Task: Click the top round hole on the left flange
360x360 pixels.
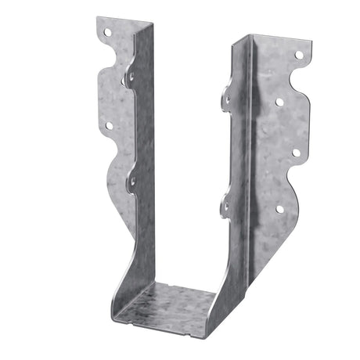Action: point(108,33)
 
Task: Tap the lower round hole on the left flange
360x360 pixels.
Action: point(108,125)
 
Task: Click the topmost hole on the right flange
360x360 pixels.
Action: point(298,55)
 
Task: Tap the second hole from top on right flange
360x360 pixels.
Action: point(279,102)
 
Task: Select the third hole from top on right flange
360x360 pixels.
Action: point(296,153)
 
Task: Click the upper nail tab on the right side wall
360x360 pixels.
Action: point(227,99)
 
